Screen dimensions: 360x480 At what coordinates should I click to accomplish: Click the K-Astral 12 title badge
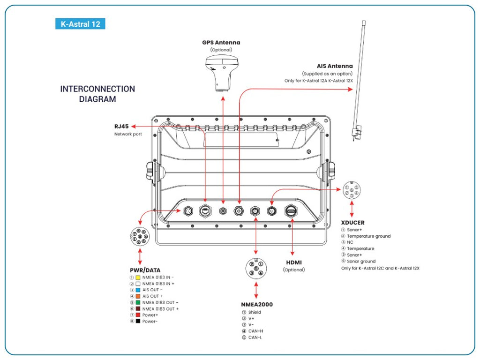[80, 23]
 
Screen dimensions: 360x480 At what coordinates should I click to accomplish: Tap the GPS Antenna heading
[221, 42]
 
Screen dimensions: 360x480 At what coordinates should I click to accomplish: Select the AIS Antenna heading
[335, 66]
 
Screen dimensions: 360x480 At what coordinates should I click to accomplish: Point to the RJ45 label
[121, 126]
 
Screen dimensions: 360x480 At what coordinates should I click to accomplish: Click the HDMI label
[293, 262]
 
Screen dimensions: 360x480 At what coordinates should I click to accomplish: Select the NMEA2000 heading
[256, 304]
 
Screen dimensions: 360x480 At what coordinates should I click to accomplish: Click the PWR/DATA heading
[145, 270]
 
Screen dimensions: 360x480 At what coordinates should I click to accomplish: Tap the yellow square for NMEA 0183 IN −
[138, 277]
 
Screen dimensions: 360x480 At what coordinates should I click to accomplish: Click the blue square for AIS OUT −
[138, 290]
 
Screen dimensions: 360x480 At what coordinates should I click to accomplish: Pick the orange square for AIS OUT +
[138, 296]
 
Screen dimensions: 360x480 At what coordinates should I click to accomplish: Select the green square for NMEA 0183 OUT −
[138, 302]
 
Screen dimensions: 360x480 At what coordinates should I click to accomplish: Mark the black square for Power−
[138, 321]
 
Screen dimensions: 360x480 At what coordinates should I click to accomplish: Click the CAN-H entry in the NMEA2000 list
[255, 331]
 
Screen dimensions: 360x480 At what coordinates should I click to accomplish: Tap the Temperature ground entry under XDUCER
[368, 236]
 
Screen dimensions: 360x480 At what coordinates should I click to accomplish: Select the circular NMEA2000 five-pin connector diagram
[256, 269]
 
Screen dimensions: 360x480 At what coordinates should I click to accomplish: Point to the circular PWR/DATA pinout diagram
[140, 236]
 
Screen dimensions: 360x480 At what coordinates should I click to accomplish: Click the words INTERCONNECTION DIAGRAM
[97, 94]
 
